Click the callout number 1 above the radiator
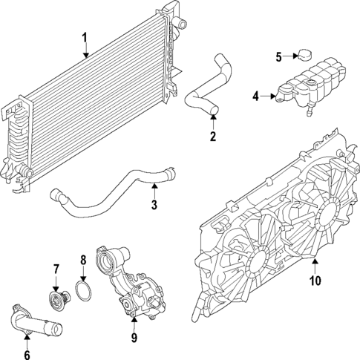pyautogui.click(x=85, y=37)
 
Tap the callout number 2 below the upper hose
pyautogui.click(x=212, y=136)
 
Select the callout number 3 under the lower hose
pyautogui.click(x=154, y=206)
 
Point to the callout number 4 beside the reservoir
pyautogui.click(x=255, y=96)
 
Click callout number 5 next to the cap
pyautogui.click(x=278, y=56)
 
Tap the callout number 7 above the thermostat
pyautogui.click(x=56, y=268)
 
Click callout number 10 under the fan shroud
pyautogui.click(x=314, y=281)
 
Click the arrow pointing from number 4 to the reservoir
pyautogui.click(x=267, y=96)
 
